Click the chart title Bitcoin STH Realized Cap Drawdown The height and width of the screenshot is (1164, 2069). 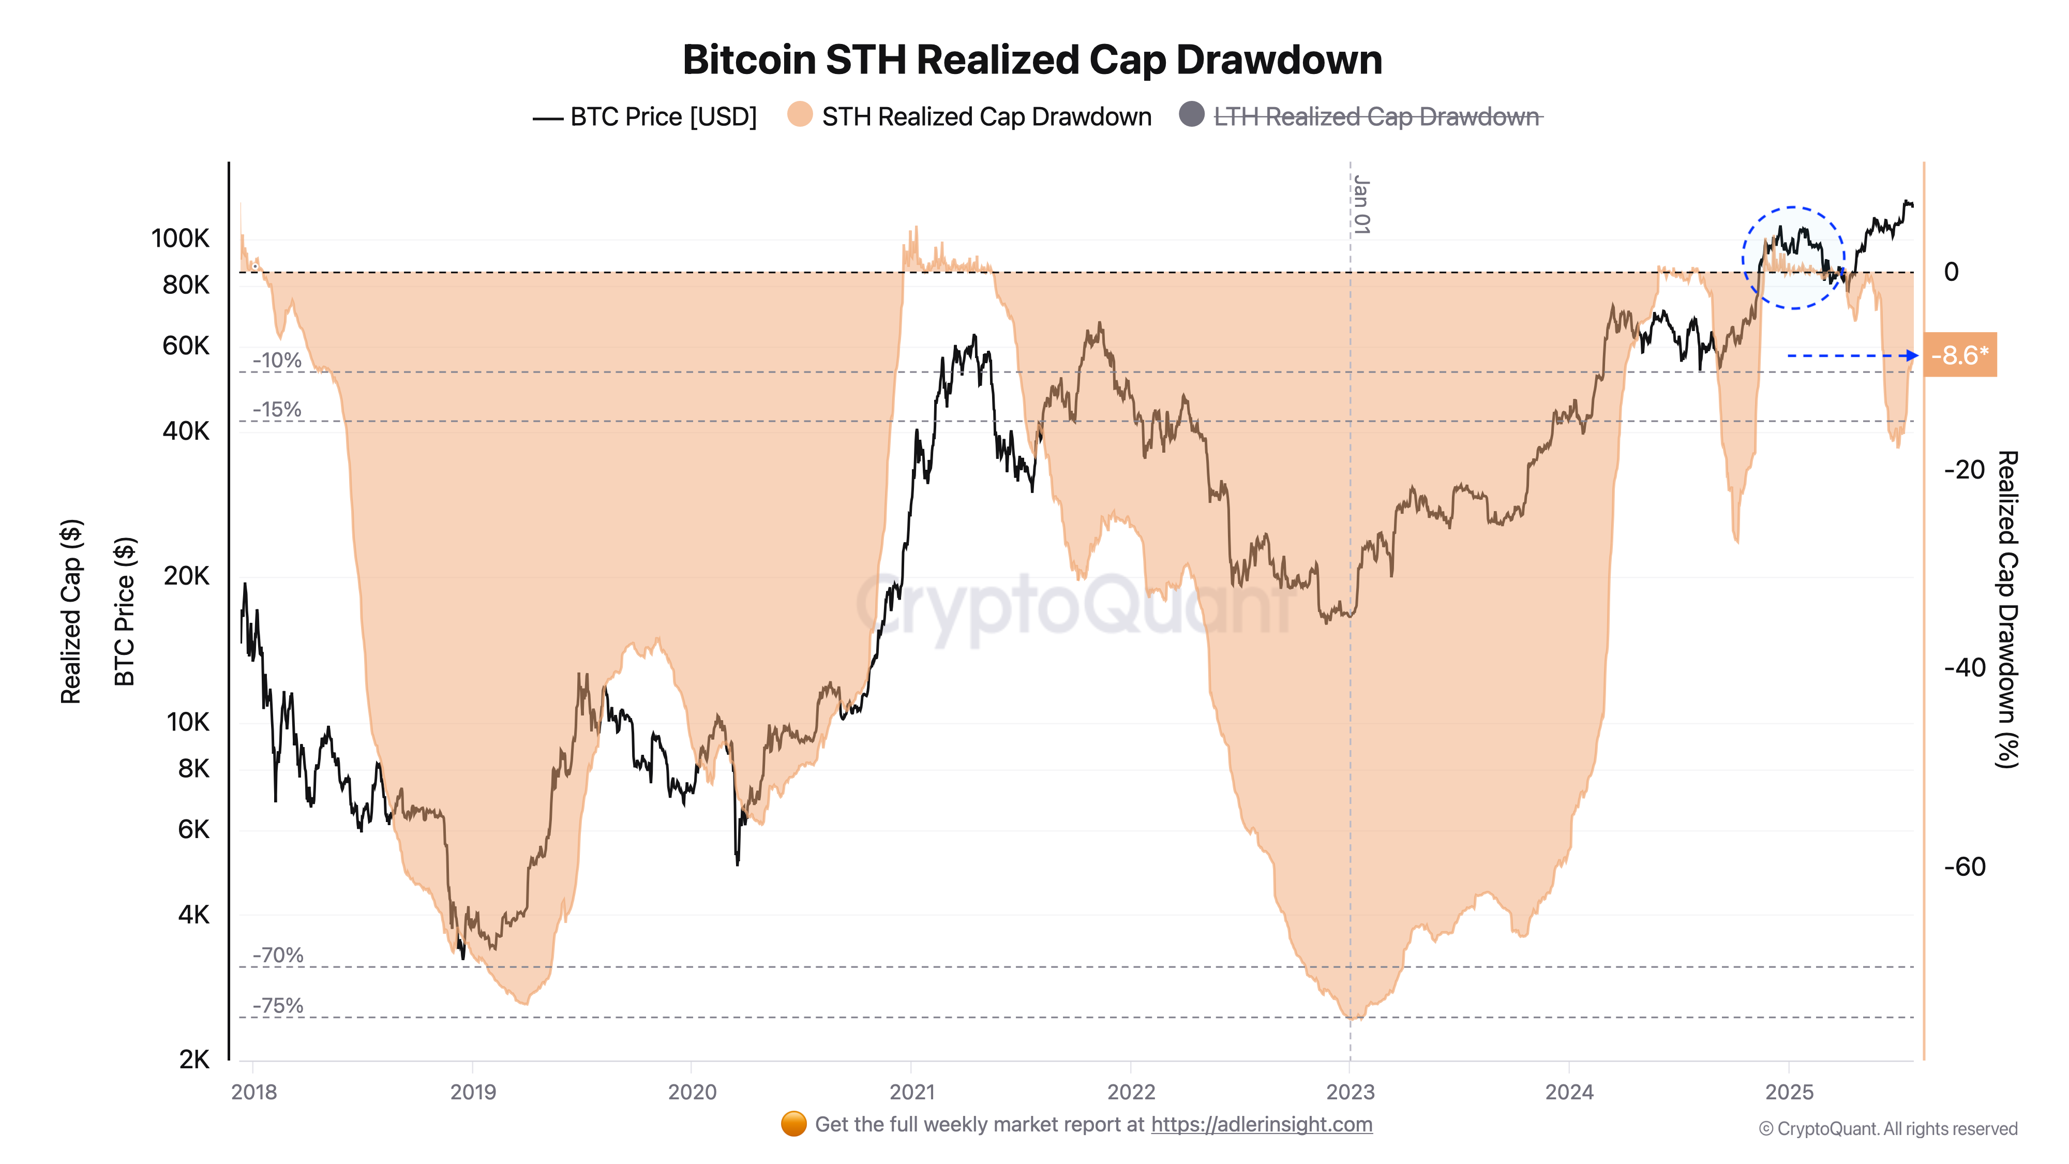pyautogui.click(x=1032, y=60)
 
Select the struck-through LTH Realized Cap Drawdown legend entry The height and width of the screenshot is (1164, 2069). pyautogui.click(x=1376, y=117)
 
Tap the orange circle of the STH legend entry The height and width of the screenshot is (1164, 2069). pyautogui.click(x=799, y=115)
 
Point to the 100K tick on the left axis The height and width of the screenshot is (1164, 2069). pyautogui.click(x=180, y=238)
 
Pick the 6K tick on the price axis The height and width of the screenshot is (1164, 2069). pyautogui.click(x=193, y=829)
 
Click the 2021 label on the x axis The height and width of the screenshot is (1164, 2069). pyautogui.click(x=911, y=1092)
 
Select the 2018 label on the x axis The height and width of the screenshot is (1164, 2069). pyautogui.click(x=254, y=1092)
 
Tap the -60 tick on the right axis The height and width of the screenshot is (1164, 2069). pyautogui.click(x=1964, y=867)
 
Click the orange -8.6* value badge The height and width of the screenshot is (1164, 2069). pyautogui.click(x=1960, y=355)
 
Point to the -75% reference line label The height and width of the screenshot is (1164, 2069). pyautogui.click(x=278, y=1006)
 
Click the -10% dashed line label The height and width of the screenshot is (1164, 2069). pyautogui.click(x=277, y=361)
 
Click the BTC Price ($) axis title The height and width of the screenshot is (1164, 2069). pyautogui.click(x=125, y=610)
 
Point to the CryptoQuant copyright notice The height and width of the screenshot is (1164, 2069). pyautogui.click(x=1887, y=1129)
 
